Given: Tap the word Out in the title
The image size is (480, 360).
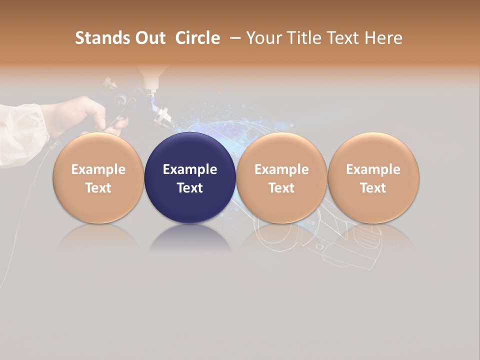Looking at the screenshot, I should click(x=148, y=38).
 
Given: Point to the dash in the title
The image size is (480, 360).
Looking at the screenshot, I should click(x=233, y=38).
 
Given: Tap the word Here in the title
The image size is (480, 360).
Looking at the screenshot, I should click(x=384, y=38).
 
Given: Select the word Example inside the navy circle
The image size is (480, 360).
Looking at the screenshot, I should click(x=190, y=169).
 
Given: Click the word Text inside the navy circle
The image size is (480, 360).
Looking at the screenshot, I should click(x=190, y=188).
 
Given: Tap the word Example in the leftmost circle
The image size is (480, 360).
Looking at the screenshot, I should click(x=98, y=169).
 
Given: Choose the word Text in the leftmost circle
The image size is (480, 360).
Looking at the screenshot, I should click(x=98, y=188).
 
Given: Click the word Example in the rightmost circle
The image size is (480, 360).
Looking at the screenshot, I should click(x=373, y=169).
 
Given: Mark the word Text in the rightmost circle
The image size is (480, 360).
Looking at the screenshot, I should click(x=373, y=188).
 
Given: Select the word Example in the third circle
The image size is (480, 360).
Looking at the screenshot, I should click(x=281, y=169).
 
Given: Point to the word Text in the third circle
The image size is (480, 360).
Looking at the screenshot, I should click(x=281, y=188).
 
